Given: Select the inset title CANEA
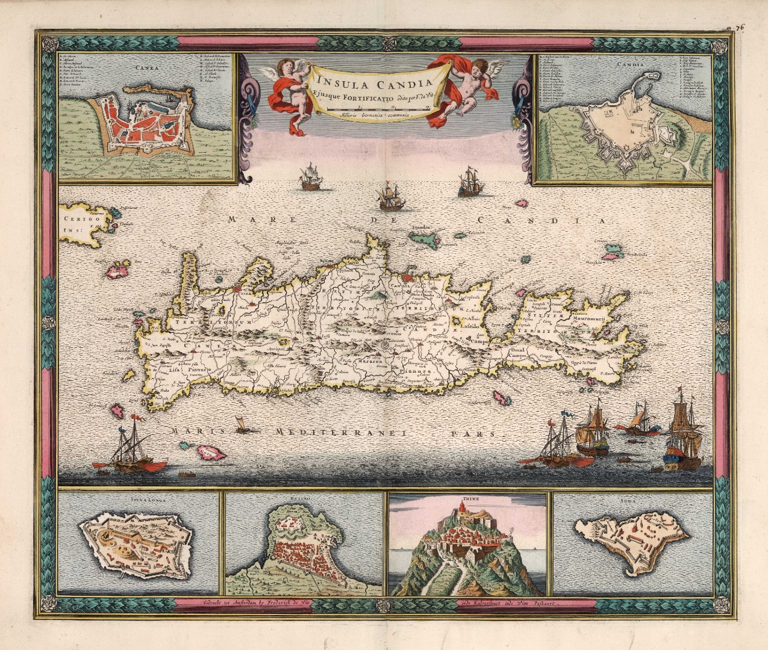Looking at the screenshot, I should (x=143, y=68).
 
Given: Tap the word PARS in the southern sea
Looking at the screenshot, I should (x=478, y=433).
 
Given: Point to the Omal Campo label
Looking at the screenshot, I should (x=517, y=353).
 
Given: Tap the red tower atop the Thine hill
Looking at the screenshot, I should (x=463, y=509).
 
